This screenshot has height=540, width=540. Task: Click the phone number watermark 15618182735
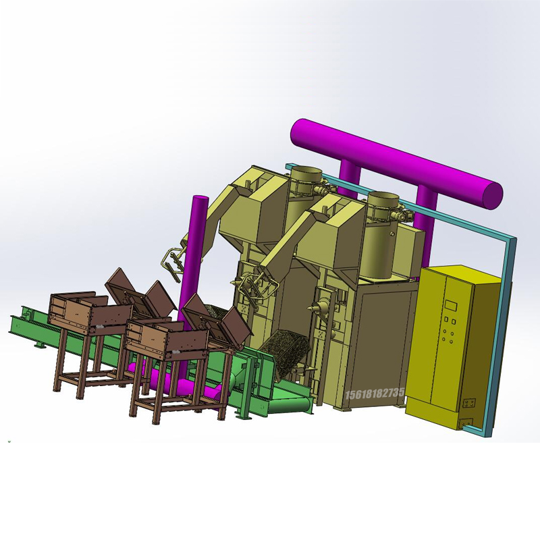375,394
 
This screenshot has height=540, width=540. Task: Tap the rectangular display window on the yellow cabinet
450,305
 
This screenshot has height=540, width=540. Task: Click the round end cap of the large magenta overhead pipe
493,196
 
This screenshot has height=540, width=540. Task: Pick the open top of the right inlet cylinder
383,198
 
